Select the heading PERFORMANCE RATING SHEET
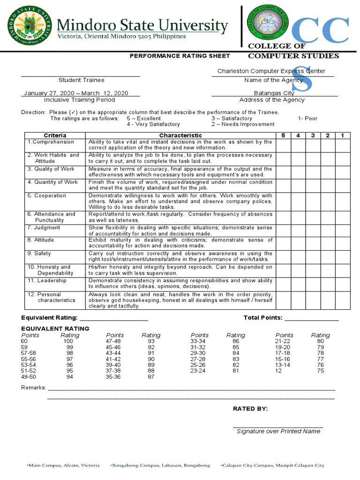point(180,56)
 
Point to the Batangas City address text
point(274,93)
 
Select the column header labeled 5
point(283,135)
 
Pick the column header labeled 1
point(343,135)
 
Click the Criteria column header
point(55,135)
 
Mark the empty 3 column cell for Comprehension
point(313,145)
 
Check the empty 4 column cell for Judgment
point(298,230)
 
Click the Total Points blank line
point(311,318)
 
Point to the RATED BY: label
point(250,409)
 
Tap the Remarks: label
point(34,388)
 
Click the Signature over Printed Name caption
point(278,431)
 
